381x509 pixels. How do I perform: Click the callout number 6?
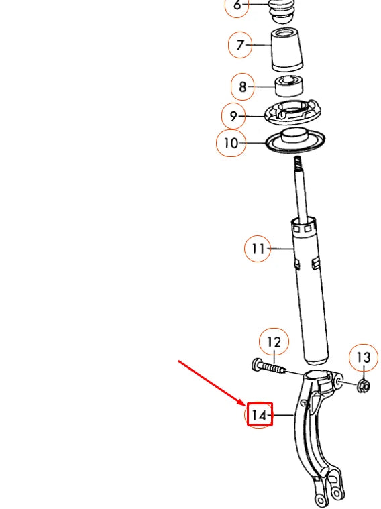[237, 5]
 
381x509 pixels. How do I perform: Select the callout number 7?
[239, 46]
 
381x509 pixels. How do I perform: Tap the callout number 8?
[242, 87]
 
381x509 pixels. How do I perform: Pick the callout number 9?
[233, 116]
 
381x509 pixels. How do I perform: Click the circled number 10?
[231, 143]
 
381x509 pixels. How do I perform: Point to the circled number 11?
[258, 249]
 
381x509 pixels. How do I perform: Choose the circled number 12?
[274, 343]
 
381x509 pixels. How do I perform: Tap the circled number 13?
[363, 358]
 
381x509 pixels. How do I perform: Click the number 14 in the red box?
[259, 416]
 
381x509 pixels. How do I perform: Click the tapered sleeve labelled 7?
[288, 50]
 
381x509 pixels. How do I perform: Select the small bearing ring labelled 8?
[290, 87]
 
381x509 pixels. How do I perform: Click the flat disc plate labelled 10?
[295, 142]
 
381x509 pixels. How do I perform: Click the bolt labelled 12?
[268, 367]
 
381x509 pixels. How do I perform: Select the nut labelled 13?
[362, 386]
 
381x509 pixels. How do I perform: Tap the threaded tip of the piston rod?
[297, 163]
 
